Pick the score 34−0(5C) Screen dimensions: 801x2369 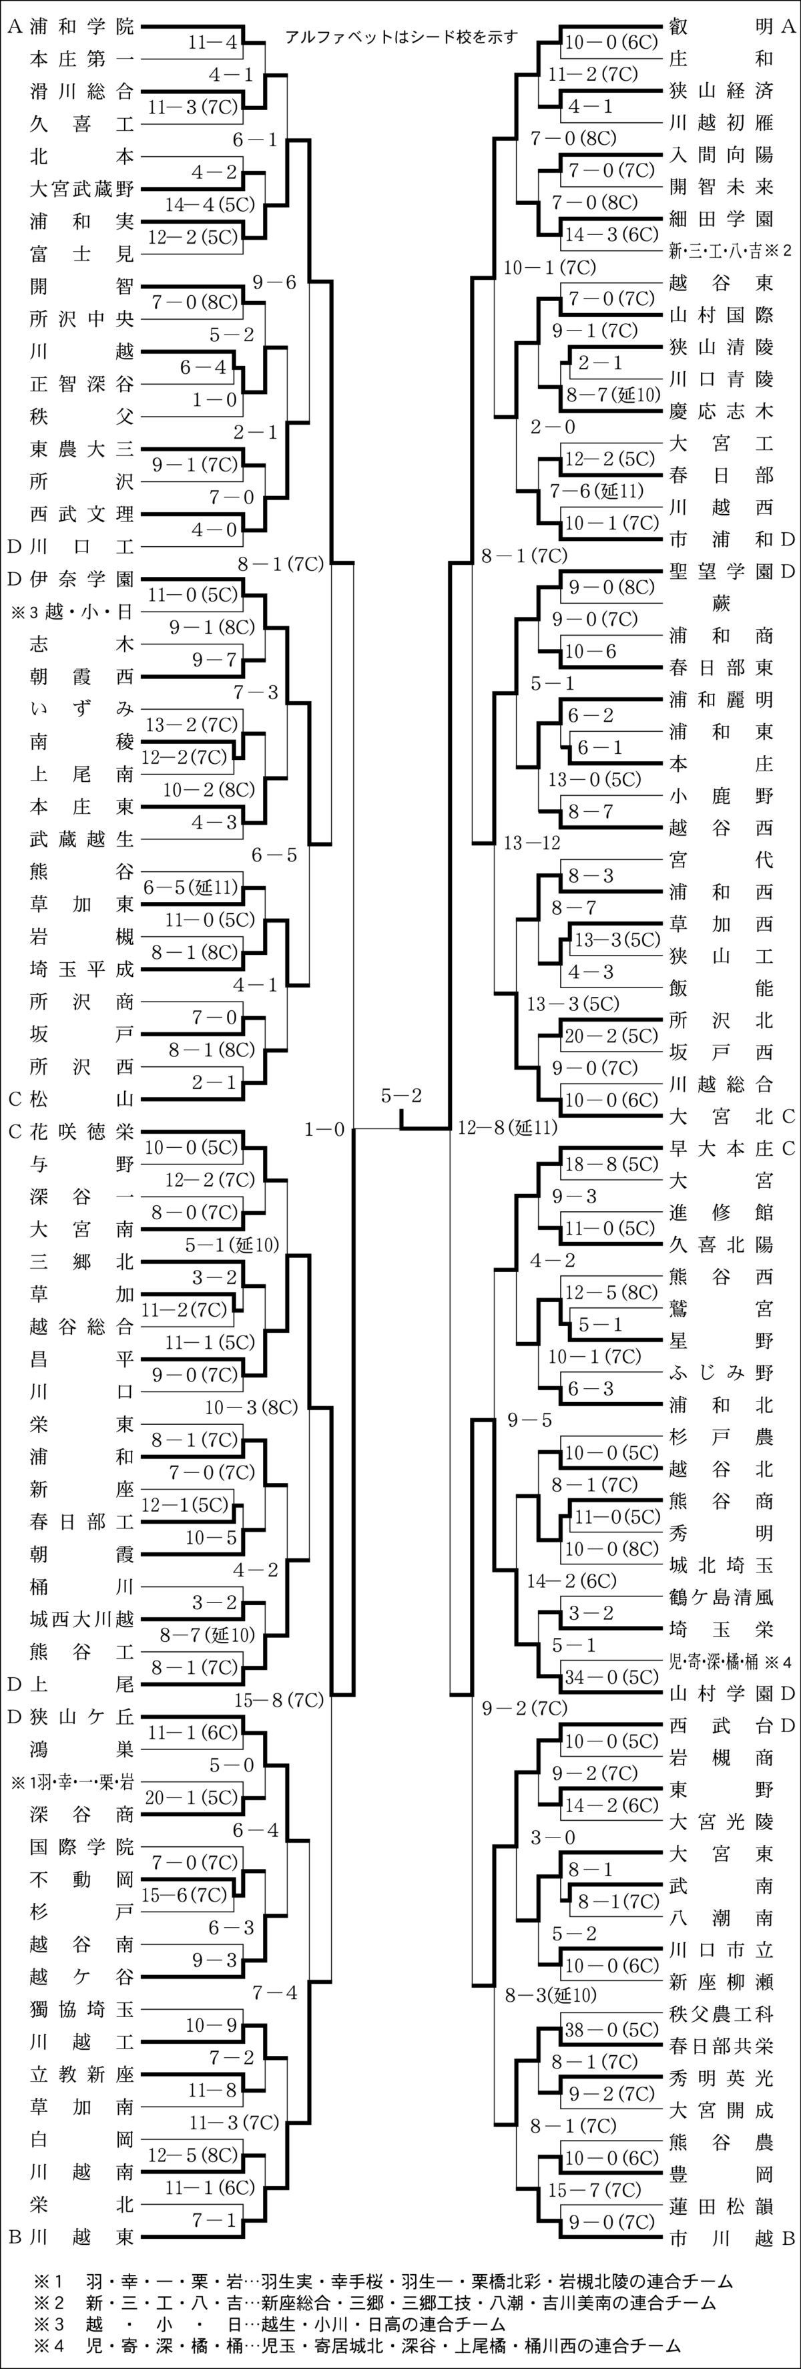[611, 1677]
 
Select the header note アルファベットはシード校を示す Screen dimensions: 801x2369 [401, 37]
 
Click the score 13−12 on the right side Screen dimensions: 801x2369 [533, 843]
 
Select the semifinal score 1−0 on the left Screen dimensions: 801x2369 [324, 1129]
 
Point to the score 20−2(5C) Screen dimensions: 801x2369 [611, 1036]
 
